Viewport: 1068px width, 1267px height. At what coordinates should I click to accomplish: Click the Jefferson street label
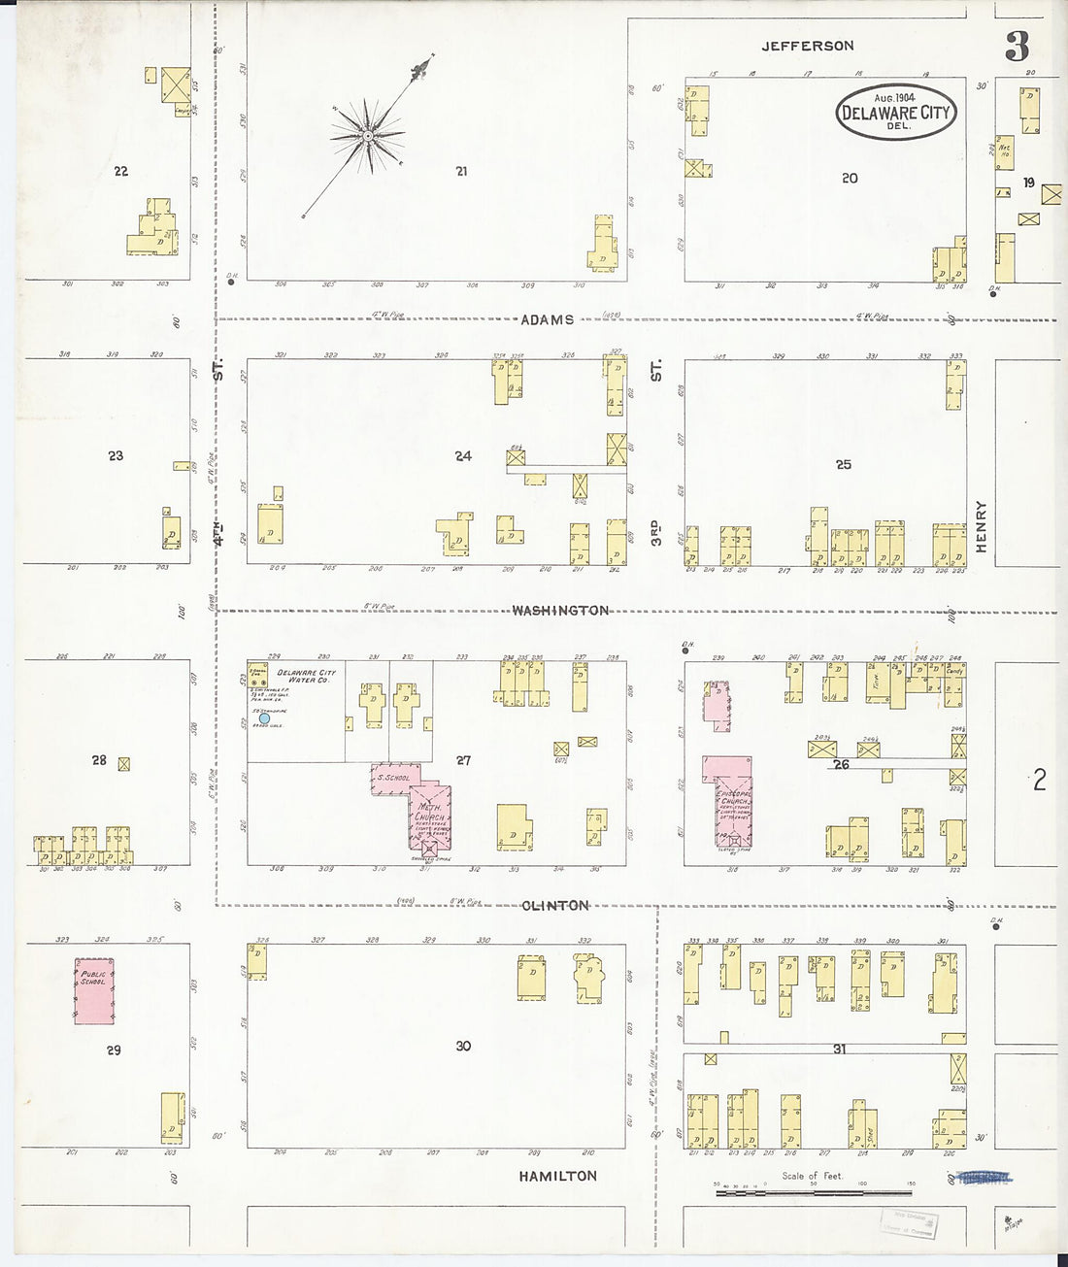tap(807, 46)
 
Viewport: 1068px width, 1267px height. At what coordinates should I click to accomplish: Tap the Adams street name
tap(548, 319)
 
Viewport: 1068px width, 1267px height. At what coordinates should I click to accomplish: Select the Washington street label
tap(560, 611)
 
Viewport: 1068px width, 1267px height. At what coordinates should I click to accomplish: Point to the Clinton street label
tap(554, 906)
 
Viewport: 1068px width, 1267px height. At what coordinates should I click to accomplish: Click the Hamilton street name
tap(557, 1176)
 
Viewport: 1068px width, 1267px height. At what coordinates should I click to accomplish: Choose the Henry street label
tap(981, 527)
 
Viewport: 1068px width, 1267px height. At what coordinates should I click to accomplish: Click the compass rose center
tap(368, 137)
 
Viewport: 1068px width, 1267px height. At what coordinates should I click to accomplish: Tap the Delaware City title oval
tap(895, 111)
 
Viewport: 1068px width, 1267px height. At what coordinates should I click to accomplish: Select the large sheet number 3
tap(1017, 47)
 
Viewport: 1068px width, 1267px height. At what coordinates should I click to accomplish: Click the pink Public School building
tap(94, 990)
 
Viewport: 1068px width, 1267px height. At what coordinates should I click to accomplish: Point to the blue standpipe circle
tap(264, 718)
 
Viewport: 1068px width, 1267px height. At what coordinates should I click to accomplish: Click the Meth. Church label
tap(429, 812)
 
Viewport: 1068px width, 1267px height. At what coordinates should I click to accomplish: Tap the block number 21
tap(461, 172)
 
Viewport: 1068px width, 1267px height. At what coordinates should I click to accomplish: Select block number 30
tap(463, 1046)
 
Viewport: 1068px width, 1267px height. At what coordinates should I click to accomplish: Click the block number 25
tap(844, 465)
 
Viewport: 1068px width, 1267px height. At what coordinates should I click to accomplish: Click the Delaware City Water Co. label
tap(304, 677)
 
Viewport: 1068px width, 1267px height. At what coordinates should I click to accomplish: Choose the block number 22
tap(120, 172)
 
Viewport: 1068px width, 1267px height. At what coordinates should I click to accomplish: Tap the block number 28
tap(99, 760)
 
